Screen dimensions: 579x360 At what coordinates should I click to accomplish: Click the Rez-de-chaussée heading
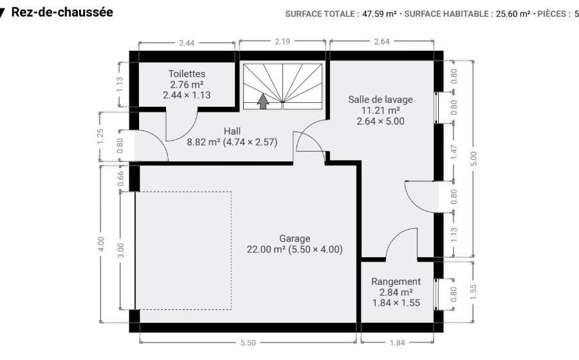coord(62,12)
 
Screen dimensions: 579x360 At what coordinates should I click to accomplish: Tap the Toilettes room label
coord(187,74)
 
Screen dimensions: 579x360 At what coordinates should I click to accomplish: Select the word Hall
coord(232,131)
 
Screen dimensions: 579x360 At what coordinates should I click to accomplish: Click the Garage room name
coord(294,239)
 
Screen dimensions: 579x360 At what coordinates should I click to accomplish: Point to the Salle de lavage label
coord(380,100)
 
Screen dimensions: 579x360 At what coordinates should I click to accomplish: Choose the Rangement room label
coord(396,282)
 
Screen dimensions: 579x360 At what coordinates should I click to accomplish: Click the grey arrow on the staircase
coord(263,101)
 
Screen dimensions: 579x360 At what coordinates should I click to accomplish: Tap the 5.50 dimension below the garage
coord(248,343)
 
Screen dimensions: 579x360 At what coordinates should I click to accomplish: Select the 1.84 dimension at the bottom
coord(397,343)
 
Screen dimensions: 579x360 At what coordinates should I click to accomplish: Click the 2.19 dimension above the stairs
coord(282,41)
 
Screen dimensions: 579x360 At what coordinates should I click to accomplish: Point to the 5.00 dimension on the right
coord(473,159)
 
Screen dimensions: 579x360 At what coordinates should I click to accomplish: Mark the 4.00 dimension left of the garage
coord(101,244)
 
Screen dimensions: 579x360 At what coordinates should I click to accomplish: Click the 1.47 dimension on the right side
coord(454,152)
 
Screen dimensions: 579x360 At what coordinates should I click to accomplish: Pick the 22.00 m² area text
coord(266,249)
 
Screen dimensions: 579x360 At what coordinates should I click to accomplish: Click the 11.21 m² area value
coord(380,111)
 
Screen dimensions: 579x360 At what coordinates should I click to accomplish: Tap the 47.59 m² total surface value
coord(379,14)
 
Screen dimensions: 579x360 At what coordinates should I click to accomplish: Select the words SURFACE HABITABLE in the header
coord(446,14)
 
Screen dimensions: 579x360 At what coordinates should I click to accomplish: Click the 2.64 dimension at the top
coord(381,41)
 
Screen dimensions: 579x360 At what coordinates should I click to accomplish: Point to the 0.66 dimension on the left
coord(120,179)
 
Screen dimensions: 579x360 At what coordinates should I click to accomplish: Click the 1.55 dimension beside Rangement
coord(473,291)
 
